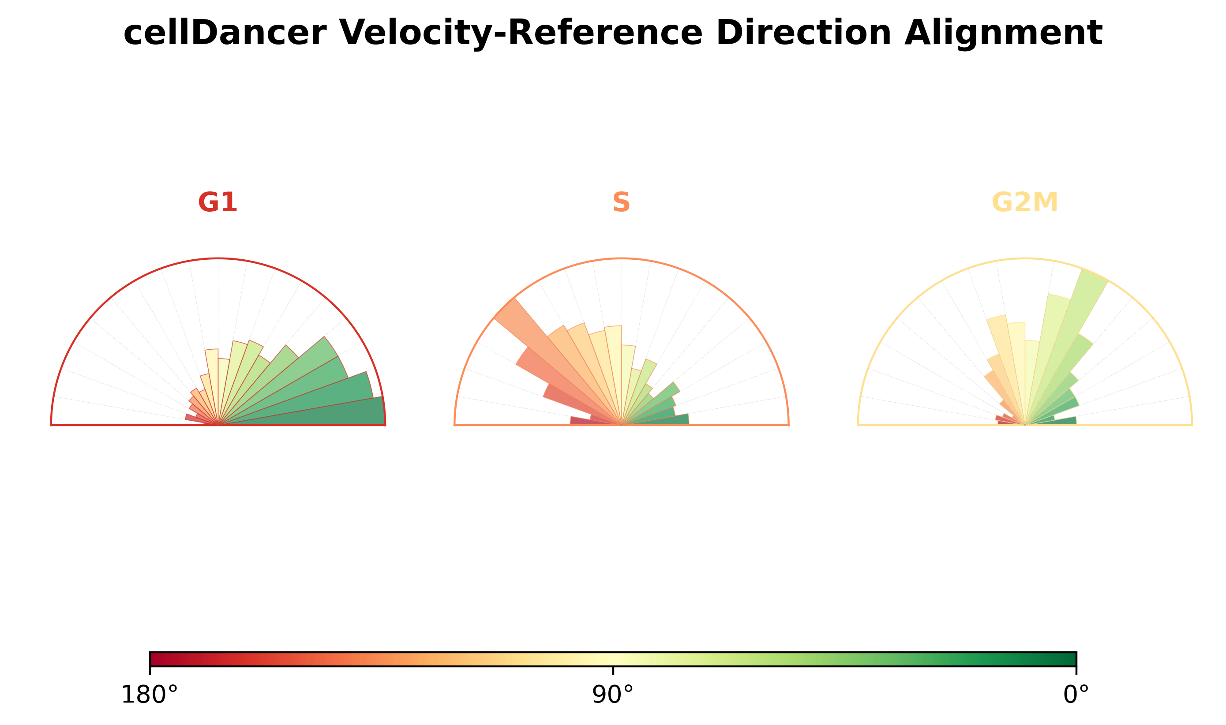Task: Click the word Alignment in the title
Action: (1003, 33)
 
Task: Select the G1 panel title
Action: (217, 202)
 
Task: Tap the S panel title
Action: (621, 202)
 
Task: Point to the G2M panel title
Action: (1025, 202)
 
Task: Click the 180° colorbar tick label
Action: (150, 695)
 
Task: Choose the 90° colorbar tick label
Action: (613, 695)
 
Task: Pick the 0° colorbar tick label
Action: (1076, 695)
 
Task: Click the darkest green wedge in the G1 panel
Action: (313, 413)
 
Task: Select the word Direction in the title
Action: (804, 33)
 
